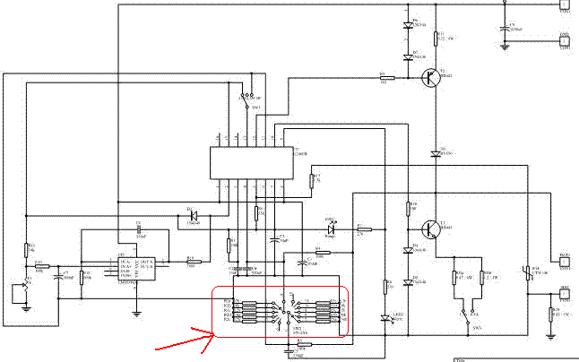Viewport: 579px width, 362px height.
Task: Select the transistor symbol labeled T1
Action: (433, 228)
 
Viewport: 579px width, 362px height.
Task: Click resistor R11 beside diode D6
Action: (436, 37)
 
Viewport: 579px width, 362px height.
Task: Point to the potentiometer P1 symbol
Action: (26, 290)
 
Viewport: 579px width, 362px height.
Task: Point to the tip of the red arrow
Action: (214, 334)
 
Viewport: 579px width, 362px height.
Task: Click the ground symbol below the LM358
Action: (136, 313)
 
